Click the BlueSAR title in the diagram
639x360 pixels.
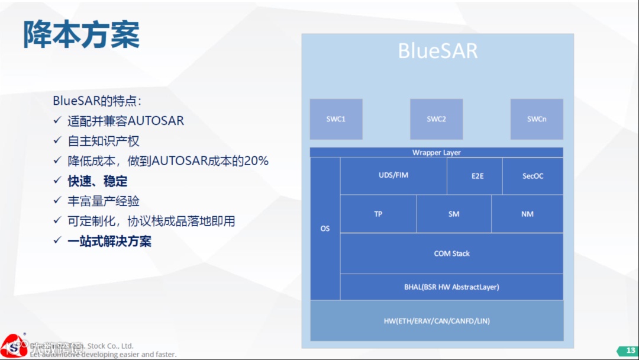(437, 51)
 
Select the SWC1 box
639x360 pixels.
(336, 119)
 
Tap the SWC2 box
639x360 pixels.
(436, 119)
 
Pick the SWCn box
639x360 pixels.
(537, 119)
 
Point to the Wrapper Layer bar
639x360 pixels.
(436, 153)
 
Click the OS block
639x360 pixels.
(325, 229)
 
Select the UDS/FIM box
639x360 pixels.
(393, 176)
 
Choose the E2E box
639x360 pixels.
(477, 176)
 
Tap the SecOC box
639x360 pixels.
(532, 176)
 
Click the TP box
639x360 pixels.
(378, 214)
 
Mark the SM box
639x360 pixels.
(454, 214)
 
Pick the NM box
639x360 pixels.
(527, 214)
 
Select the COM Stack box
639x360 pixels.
(451, 253)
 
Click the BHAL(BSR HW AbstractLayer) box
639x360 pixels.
(451, 287)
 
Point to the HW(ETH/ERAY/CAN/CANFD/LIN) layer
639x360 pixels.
(437, 321)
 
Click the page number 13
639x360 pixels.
(631, 351)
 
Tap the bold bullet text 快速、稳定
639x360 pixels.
(98, 181)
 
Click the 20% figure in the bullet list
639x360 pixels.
(256, 161)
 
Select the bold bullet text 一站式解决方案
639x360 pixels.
(109, 242)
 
